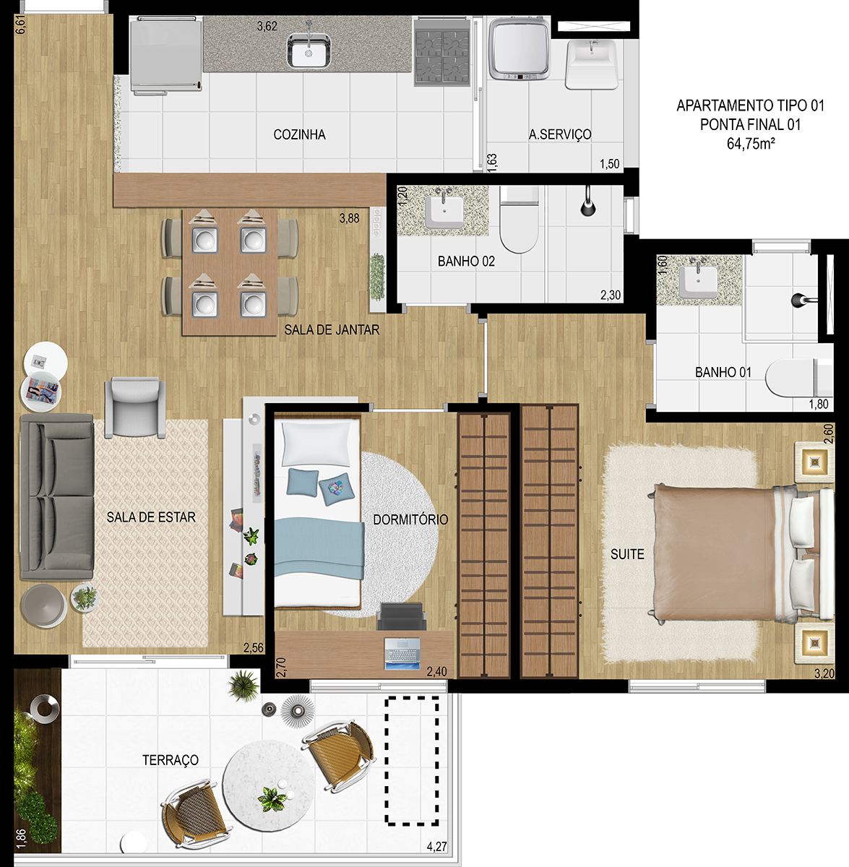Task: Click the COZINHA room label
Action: (x=299, y=134)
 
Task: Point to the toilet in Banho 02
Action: (x=519, y=219)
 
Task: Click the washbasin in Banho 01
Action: (x=698, y=282)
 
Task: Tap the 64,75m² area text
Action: (x=751, y=144)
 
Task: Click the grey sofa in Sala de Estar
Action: (x=56, y=497)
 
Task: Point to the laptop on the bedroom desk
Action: (x=402, y=653)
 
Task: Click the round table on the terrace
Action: (x=269, y=787)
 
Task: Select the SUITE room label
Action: (x=627, y=554)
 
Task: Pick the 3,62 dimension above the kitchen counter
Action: (x=267, y=27)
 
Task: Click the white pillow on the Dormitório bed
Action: (x=316, y=443)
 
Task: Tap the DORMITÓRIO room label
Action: (x=410, y=519)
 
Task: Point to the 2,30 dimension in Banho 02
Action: (x=611, y=296)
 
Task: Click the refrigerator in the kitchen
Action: (x=165, y=56)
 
